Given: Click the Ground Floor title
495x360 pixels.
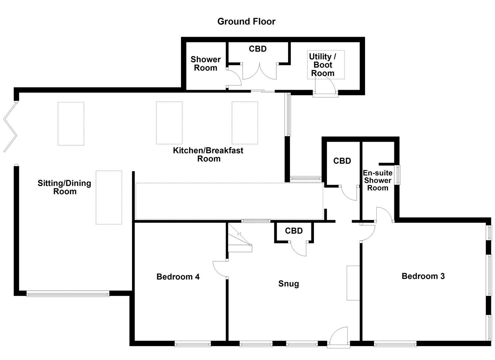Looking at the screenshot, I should (x=246, y=21).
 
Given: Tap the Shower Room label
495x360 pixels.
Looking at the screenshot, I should (x=205, y=64).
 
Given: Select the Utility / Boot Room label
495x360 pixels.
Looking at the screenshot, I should (x=322, y=65).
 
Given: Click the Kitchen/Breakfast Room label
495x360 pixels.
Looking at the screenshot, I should (x=208, y=154).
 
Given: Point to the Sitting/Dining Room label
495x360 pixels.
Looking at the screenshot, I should (x=64, y=187).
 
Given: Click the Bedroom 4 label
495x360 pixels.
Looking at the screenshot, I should (x=178, y=277).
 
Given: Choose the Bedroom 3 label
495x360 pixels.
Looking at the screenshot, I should (x=423, y=276).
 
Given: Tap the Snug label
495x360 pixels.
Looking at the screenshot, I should (x=289, y=284).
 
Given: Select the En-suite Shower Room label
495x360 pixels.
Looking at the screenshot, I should (x=377, y=180).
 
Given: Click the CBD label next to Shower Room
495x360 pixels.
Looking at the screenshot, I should (x=258, y=49).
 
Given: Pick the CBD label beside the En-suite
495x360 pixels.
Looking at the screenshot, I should (x=342, y=161).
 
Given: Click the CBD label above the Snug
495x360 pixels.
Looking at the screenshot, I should (x=294, y=231).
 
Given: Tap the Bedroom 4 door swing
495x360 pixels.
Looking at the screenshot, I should (x=219, y=269).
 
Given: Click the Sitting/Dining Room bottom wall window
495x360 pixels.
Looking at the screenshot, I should (x=68, y=294).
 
